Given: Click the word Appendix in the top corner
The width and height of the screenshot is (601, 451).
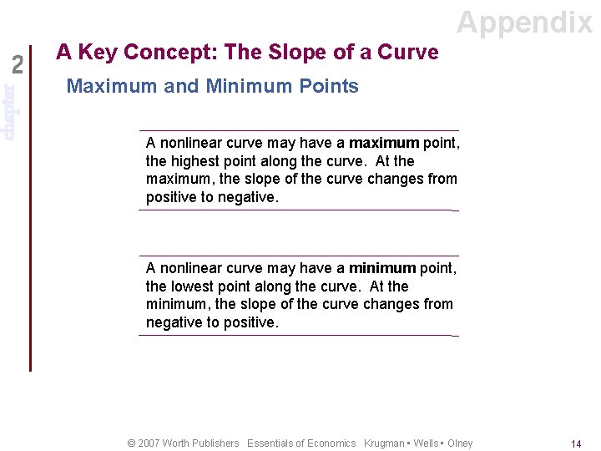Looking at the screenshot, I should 524,23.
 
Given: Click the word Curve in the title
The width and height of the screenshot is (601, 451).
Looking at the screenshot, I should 407,53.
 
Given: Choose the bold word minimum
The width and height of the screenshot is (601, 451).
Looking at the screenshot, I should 381,268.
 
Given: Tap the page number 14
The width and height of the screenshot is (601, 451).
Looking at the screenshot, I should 576,444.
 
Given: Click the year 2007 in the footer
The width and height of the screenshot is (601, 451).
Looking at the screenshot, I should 150,443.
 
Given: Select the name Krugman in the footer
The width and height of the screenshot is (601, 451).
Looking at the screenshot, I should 384,443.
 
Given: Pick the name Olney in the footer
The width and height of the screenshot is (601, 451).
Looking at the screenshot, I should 460,443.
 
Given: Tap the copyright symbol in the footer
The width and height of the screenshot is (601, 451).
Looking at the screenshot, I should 131,443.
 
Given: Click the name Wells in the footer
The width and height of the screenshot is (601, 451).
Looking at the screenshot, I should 425,443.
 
